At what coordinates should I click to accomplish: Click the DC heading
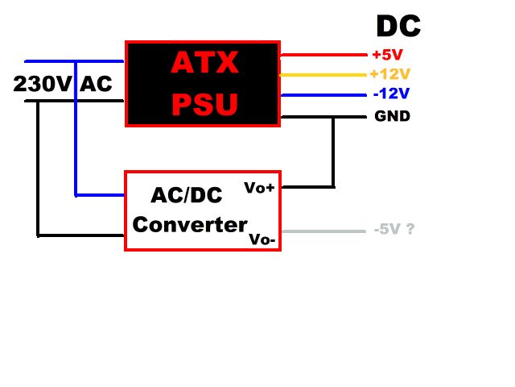tap(398, 27)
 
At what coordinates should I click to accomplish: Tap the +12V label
tap(390, 74)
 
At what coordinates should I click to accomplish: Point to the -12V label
tap(392, 94)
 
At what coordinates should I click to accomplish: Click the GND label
tap(392, 116)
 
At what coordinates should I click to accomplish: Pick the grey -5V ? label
tap(394, 229)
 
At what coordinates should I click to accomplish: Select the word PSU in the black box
tap(204, 104)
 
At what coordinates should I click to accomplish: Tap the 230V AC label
tap(63, 83)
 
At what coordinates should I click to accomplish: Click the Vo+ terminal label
tap(259, 187)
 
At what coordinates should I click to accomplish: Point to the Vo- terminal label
tap(262, 239)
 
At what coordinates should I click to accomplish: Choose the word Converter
tap(190, 224)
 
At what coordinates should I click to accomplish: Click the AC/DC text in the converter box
tap(186, 195)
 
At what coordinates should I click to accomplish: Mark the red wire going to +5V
tap(322, 56)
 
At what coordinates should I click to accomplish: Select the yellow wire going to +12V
tap(322, 75)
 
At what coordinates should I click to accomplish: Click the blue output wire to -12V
tap(322, 95)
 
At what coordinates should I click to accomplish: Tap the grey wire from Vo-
tap(322, 231)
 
